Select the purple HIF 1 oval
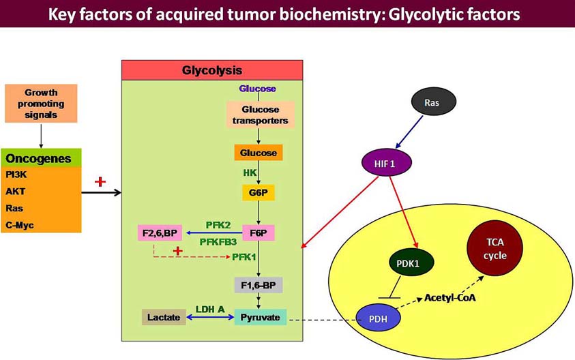[x=384, y=163]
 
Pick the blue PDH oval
[x=379, y=318]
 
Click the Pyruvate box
[x=260, y=317]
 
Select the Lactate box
[x=164, y=317]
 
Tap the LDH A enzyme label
[x=210, y=309]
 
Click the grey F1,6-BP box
[x=259, y=284]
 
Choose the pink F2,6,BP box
[x=158, y=234]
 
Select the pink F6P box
[x=258, y=232]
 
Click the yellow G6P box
[x=258, y=193]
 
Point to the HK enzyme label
[x=250, y=172]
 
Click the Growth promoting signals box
[x=41, y=104]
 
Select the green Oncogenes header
[x=41, y=158]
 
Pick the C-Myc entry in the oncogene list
[x=20, y=225]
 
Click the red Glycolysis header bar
[x=211, y=70]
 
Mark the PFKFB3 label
[x=218, y=241]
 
